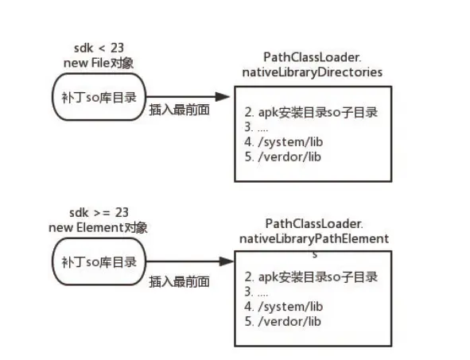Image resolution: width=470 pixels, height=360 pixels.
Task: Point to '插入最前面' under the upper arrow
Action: (180, 111)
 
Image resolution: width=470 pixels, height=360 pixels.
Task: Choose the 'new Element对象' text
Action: (97, 228)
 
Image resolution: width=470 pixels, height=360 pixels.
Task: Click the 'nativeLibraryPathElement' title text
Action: (313, 238)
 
